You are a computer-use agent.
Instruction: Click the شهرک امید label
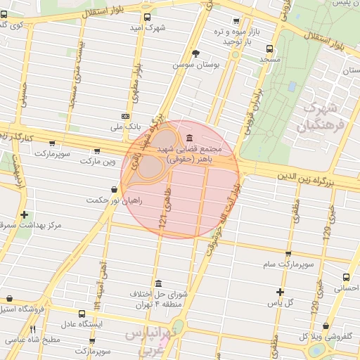click(146, 28)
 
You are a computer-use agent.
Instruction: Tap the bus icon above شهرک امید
click(146, 18)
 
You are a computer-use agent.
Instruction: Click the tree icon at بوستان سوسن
click(195, 53)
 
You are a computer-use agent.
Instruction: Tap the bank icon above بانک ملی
click(125, 116)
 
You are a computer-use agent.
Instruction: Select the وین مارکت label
click(96, 162)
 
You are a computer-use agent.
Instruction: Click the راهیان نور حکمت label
click(114, 200)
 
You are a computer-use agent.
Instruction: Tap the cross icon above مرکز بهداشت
click(25, 214)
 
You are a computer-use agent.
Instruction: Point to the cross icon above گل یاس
click(280, 292)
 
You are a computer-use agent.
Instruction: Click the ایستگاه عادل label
click(81, 324)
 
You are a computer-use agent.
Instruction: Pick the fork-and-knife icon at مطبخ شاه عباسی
click(32, 329)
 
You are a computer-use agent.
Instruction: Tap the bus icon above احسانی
click(346, 278)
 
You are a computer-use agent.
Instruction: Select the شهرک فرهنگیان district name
click(320, 117)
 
